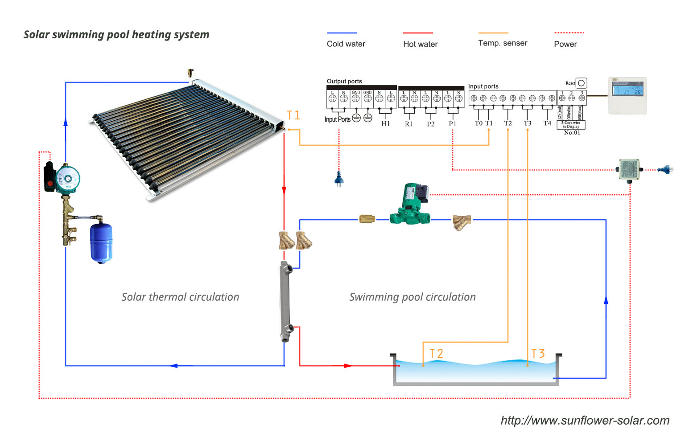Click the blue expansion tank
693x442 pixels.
101,242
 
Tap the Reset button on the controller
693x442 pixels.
581,83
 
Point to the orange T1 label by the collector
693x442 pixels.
293,115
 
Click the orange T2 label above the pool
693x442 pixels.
436,353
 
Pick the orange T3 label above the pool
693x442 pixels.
538,353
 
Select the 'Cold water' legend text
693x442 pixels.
346,44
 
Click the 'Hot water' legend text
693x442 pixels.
421,44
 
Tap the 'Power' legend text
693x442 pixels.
565,44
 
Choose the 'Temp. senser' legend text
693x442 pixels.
503,43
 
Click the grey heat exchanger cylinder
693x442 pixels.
285,301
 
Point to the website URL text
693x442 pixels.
585,421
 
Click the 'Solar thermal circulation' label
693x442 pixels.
180,297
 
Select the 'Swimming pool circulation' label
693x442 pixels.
412,297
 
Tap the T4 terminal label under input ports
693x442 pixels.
547,123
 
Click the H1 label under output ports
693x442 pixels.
386,124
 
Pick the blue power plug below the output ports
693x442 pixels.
339,180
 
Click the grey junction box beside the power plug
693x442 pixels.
629,169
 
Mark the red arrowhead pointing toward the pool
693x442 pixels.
348,366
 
